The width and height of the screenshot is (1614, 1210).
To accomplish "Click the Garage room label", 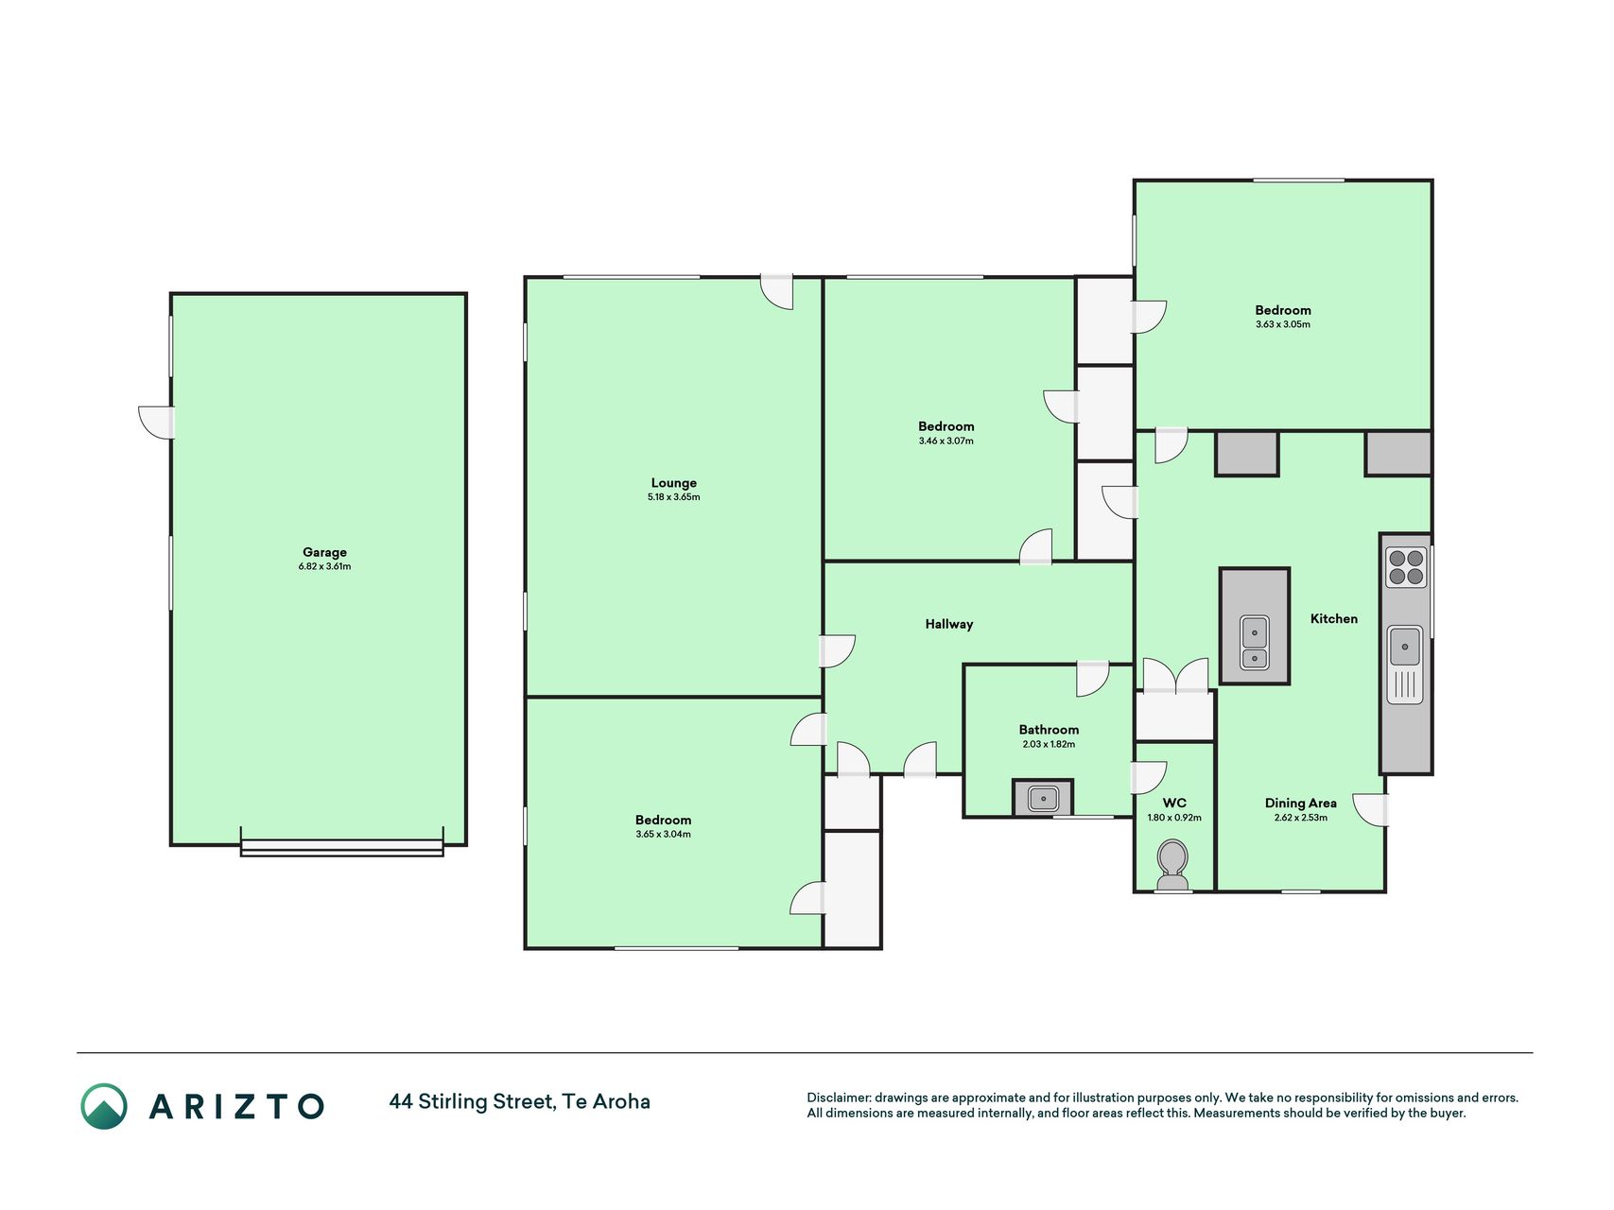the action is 324,552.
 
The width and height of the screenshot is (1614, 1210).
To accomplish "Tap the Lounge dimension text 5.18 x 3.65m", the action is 673,497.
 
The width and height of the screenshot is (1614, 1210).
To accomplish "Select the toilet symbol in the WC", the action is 1172,866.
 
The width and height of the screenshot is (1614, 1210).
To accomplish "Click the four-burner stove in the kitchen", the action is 1405,567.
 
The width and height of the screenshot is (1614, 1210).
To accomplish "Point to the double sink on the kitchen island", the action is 1255,643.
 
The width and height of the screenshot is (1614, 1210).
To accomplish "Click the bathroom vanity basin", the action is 1042,798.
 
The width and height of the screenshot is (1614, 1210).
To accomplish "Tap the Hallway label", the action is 948,624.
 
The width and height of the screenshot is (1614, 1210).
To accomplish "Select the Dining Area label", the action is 1300,804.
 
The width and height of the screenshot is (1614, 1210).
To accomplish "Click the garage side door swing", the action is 157,422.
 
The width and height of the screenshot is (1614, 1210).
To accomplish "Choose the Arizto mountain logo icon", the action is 103,1106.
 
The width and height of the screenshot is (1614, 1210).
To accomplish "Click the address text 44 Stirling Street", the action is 470,1101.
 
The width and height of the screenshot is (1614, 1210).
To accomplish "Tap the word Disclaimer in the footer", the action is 838,1098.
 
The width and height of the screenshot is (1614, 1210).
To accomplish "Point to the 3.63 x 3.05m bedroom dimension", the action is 1282,324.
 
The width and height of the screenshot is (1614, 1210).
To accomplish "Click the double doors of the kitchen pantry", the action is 1175,676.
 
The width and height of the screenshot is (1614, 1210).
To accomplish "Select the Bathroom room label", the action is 1049,730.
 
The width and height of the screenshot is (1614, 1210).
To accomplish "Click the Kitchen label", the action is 1333,618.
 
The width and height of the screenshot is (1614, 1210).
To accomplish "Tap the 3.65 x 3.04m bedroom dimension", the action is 663,835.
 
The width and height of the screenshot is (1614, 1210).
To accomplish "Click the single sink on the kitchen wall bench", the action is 1404,647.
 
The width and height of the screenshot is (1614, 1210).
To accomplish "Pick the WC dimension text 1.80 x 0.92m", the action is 1173,818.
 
